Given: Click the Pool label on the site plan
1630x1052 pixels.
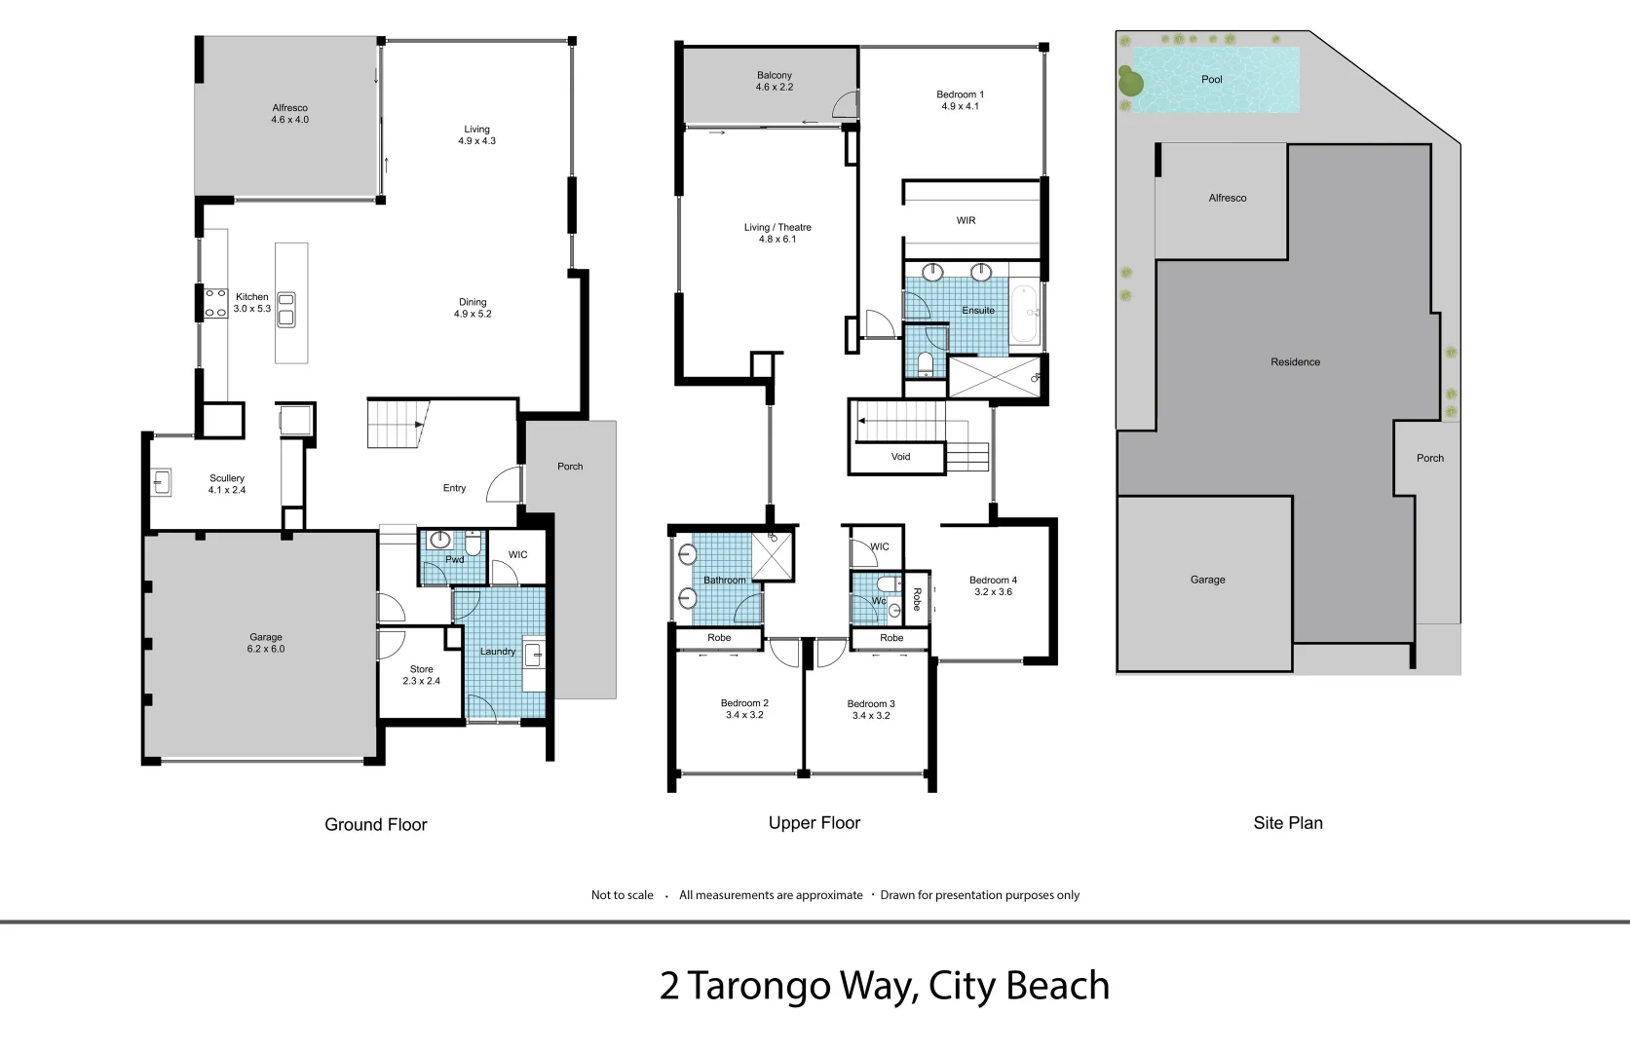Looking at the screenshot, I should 1211,80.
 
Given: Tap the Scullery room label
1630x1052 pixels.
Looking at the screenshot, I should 227,478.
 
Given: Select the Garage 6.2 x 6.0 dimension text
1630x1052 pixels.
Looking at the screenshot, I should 266,649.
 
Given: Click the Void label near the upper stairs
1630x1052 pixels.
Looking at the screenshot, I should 900,457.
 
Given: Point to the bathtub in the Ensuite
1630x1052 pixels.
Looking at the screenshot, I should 1023,312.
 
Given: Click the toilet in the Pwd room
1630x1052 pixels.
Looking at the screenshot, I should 473,543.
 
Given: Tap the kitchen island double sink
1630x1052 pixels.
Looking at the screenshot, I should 286,309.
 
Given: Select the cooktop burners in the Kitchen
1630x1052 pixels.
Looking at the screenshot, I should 215,303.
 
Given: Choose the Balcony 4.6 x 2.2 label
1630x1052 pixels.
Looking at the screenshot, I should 775,81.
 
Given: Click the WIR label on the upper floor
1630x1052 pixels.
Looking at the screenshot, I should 966,221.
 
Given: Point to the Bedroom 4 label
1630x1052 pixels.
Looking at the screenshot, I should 993,581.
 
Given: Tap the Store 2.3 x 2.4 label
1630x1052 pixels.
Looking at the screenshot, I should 421,675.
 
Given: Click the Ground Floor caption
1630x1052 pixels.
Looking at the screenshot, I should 375,825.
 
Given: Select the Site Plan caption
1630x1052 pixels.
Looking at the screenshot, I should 1287,823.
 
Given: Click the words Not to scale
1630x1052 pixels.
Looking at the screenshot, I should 622,895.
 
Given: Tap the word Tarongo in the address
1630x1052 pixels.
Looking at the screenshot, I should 759,986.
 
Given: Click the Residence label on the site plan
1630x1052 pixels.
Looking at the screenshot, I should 1295,362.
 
